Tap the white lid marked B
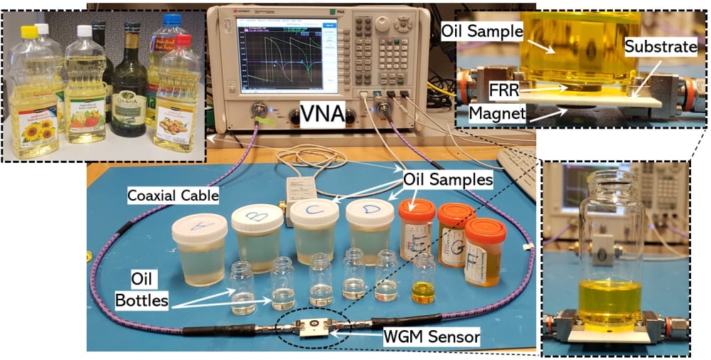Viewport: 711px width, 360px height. (x=258, y=217)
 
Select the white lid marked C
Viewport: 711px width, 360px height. (x=314, y=213)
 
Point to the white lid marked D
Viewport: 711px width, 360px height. (x=369, y=211)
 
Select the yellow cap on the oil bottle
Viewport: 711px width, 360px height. (x=29, y=32)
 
